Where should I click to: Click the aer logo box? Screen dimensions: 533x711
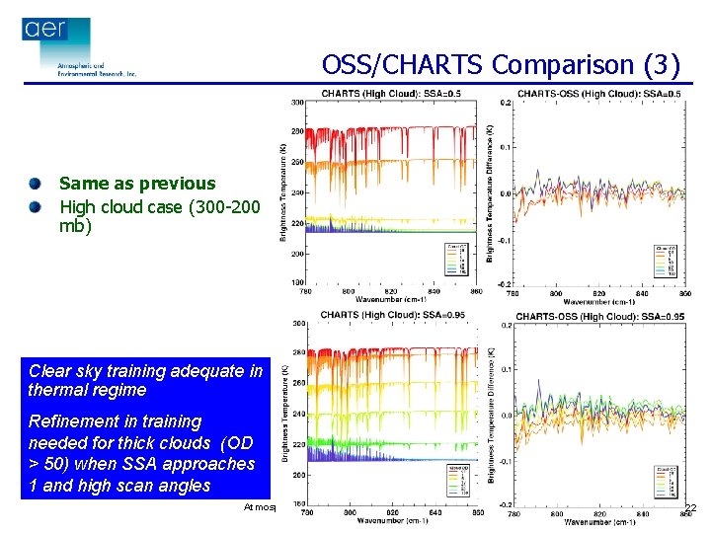[55, 30]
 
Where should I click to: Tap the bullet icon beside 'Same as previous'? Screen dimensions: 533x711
[36, 184]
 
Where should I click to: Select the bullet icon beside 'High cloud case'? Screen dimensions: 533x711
[36, 206]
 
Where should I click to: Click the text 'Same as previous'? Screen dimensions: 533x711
[137, 184]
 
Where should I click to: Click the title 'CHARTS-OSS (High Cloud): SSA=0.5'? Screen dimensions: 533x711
[598, 94]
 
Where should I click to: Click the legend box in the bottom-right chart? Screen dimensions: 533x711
[669, 480]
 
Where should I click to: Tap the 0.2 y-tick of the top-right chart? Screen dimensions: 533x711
[505, 103]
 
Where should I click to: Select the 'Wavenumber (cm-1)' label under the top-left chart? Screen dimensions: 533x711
[392, 298]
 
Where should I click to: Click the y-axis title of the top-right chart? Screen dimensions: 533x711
[491, 192]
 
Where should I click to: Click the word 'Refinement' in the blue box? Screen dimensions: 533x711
[66, 421]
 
